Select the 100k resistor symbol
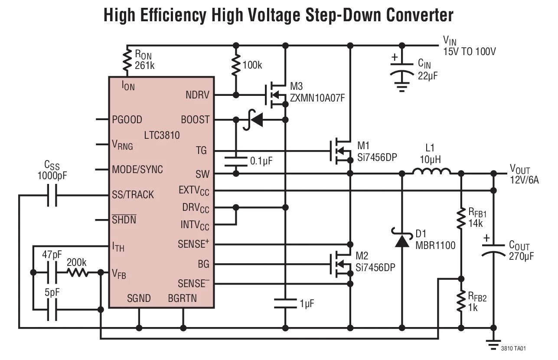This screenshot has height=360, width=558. pos(236,65)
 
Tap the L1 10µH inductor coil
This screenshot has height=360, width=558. pos(431,173)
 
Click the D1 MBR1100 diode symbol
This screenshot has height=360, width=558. pos(402,240)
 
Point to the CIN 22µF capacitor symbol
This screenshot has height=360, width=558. pos(402,71)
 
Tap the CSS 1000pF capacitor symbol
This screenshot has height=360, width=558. pos(52,195)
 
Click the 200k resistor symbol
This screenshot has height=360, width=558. pos(77,273)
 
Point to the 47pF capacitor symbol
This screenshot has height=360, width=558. pos(52,273)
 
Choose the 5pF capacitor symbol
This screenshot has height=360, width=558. pos(52,309)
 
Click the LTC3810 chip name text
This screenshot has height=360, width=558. pos(162,135)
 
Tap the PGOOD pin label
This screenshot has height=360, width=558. pos(127,119)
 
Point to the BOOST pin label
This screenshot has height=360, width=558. pos(195,120)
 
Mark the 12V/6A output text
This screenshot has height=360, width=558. pos(524,180)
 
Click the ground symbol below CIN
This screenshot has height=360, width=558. pos(402,88)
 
